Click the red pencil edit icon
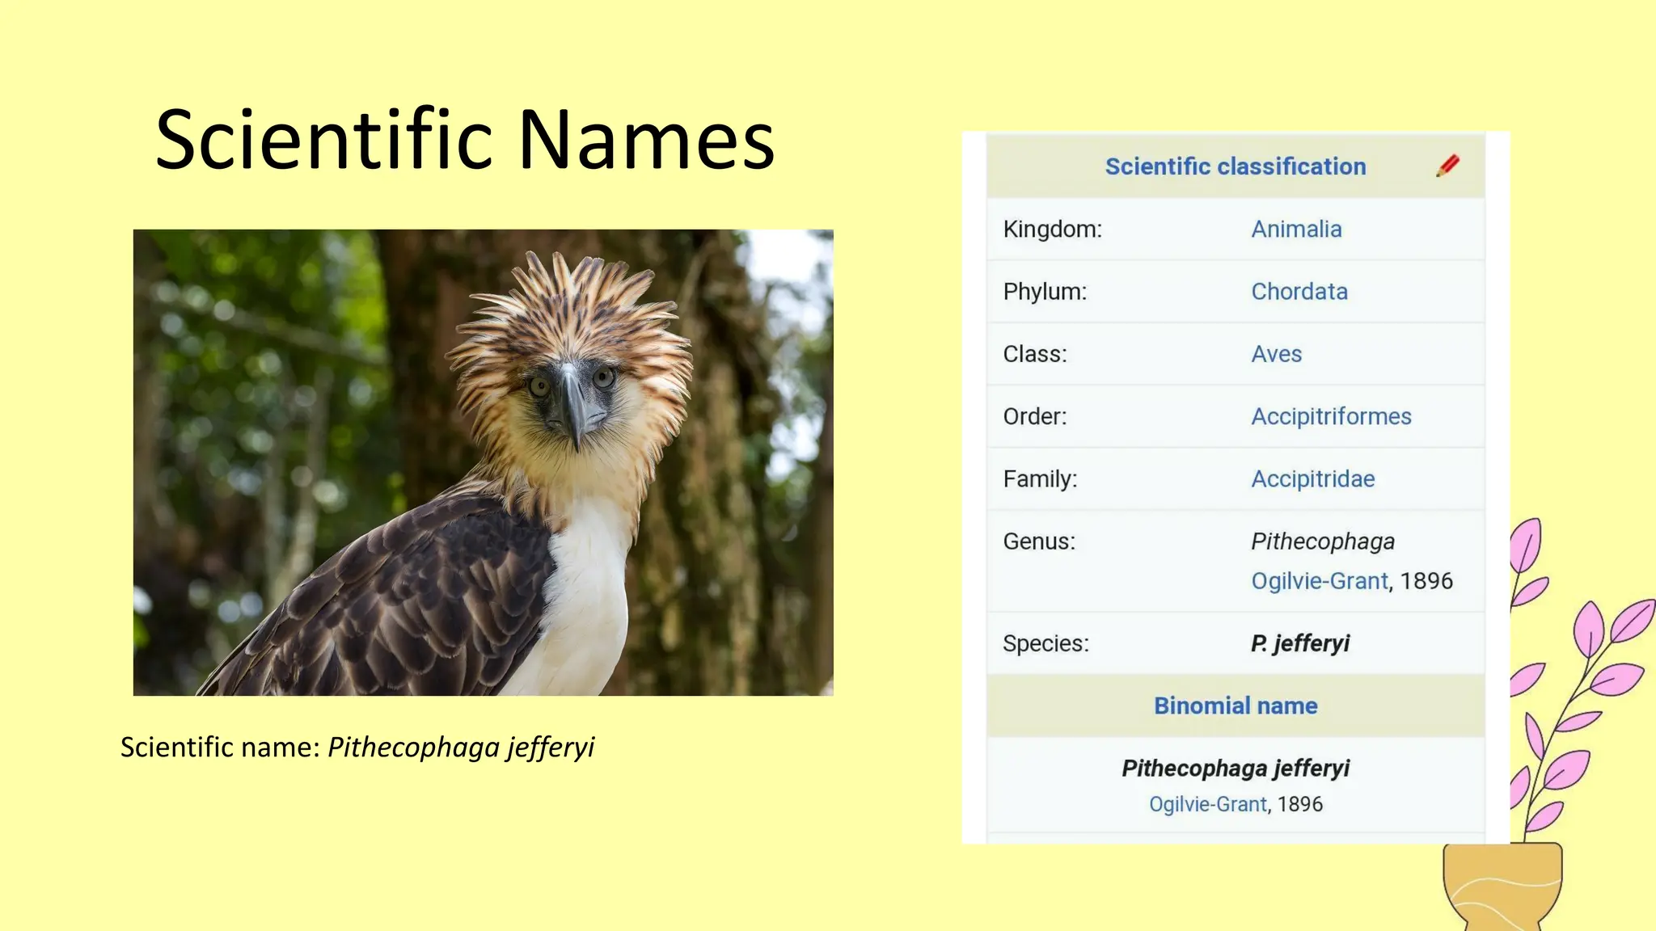pos(1447,166)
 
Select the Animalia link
pos(1296,230)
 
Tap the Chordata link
pos(1299,292)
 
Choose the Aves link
pos(1276,354)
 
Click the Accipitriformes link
pos(1331,416)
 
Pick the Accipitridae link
pos(1312,479)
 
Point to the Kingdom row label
pos(1052,230)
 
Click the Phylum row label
pos(1045,292)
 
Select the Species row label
pos(1046,643)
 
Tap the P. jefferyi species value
pos(1300,643)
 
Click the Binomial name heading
pos(1236,706)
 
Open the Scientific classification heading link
pos(1236,166)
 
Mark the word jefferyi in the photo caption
pos(551,748)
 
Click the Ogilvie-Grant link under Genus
pos(1320,581)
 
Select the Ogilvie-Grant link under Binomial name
pos(1207,804)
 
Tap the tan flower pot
pos(1502,885)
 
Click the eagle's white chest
pos(586,598)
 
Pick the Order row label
pos(1035,416)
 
